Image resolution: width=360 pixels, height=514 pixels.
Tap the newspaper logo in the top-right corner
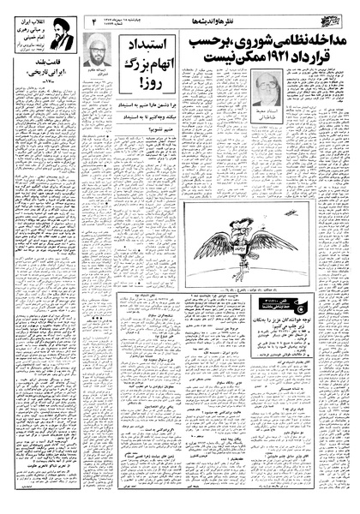(336, 13)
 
